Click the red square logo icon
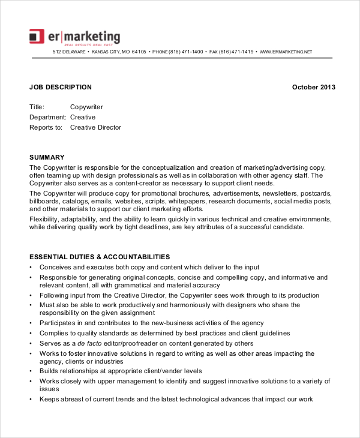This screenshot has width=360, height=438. (x=37, y=36)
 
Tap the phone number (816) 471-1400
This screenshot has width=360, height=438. (x=186, y=52)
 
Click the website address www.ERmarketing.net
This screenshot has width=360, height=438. (x=286, y=52)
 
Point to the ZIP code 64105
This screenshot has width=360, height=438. (x=139, y=52)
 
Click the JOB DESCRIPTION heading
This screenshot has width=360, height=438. (x=61, y=87)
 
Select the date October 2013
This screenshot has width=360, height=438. (x=313, y=87)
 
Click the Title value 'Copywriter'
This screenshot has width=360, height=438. (x=86, y=107)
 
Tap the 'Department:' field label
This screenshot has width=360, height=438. (x=47, y=117)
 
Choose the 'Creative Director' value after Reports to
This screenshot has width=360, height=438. (x=95, y=127)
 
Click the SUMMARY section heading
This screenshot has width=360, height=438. (x=47, y=157)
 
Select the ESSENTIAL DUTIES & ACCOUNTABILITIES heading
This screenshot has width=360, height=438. (x=100, y=257)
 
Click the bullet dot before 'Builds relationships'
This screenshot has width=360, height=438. (x=31, y=371)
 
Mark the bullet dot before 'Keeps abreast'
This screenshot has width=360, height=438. (x=31, y=400)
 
